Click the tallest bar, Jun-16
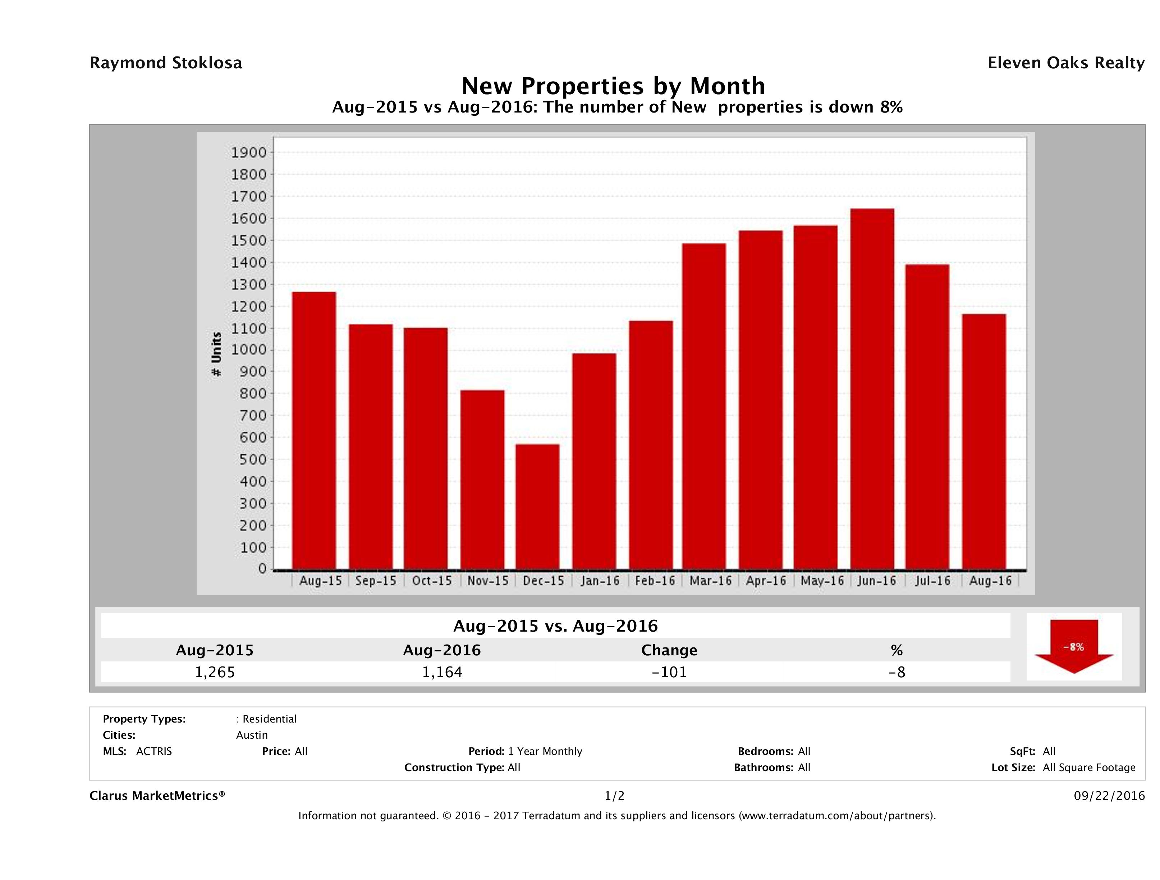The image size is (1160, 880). click(x=872, y=389)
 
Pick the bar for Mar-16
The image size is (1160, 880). click(x=704, y=407)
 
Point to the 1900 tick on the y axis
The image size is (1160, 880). click(x=249, y=153)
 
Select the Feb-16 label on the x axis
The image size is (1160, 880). click(x=655, y=581)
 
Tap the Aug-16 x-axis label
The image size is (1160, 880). click(x=990, y=581)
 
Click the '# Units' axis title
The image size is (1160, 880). click(x=216, y=354)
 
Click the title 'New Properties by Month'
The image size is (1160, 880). click(x=613, y=86)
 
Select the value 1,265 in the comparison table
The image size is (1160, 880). click(x=215, y=672)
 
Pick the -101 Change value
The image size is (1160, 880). click(x=669, y=672)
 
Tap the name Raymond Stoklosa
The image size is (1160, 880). click(x=166, y=63)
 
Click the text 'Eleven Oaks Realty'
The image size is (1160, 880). click(x=1065, y=63)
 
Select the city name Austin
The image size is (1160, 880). click(x=252, y=735)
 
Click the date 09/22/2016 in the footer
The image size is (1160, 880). click(x=1109, y=796)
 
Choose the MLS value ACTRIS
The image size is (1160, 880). click(x=153, y=752)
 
